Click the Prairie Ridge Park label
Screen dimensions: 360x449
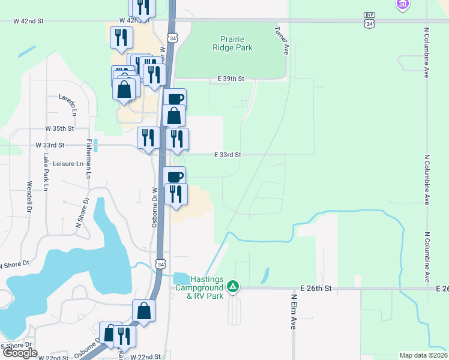[x=232, y=43]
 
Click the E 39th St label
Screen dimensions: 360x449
[x=231, y=79]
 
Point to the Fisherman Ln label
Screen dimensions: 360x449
[x=88, y=158]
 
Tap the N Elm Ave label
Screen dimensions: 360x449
[x=294, y=311]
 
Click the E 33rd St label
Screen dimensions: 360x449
[x=228, y=154]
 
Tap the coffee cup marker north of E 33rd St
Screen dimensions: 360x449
[x=175, y=99]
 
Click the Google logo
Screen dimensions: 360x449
[x=20, y=353]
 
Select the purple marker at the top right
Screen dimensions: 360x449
[x=403, y=5]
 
